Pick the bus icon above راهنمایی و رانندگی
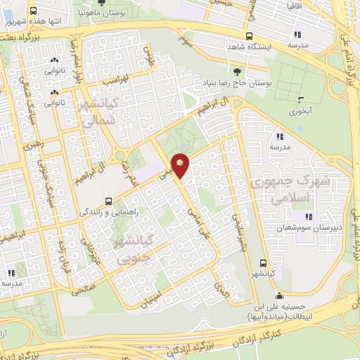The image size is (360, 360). pos(107,200)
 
